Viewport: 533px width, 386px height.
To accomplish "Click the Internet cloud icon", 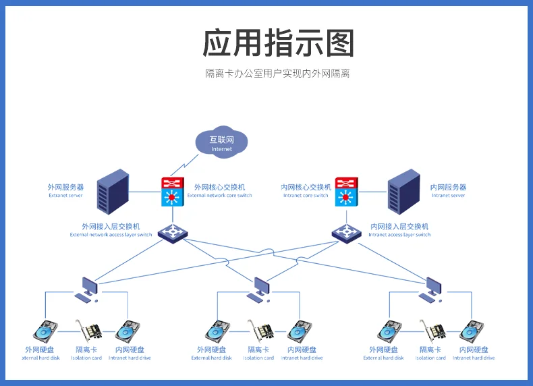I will [221, 142].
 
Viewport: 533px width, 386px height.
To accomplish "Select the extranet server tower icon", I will [113, 190].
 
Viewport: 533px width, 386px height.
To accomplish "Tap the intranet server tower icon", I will [403, 190].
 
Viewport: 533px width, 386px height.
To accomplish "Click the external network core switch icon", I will [173, 191].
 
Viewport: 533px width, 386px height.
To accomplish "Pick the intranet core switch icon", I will [347, 191].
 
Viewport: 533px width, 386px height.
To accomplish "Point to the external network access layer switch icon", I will [173, 232].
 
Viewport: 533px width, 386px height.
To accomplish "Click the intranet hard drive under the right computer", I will [472, 331].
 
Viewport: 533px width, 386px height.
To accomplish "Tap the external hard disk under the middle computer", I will [217, 331].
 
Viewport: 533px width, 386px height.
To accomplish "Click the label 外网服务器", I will [65, 187].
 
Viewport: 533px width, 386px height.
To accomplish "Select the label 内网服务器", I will [448, 187].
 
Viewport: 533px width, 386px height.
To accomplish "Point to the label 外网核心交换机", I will [219, 187].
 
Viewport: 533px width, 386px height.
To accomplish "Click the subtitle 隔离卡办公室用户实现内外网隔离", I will [277, 73].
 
